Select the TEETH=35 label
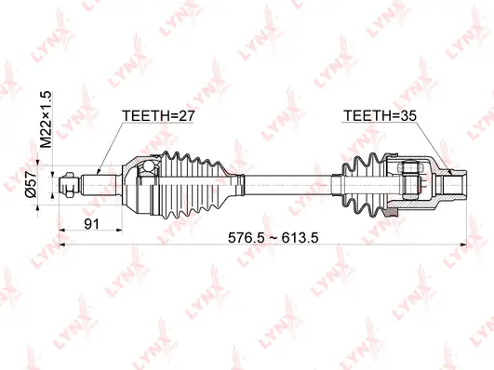[377, 116]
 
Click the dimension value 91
[93, 224]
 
